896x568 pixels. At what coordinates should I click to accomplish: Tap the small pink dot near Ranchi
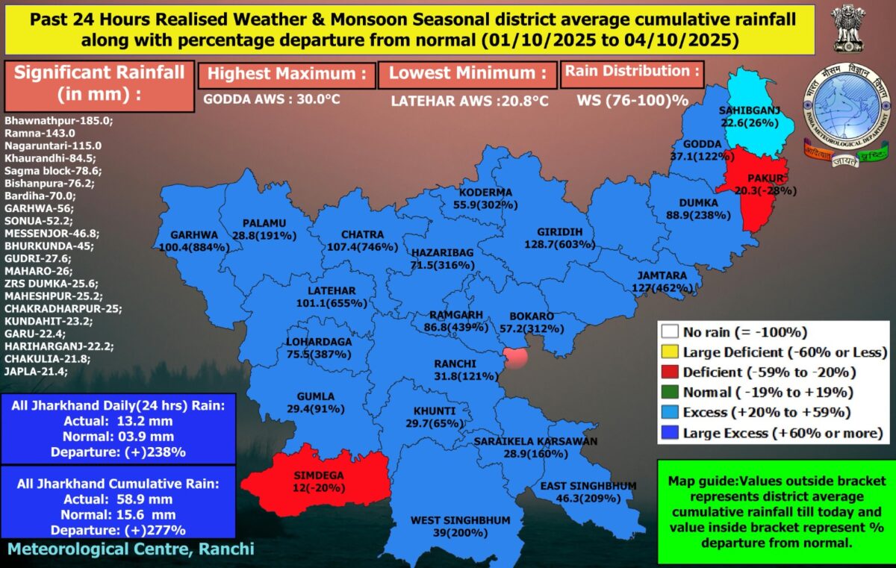click(x=515, y=356)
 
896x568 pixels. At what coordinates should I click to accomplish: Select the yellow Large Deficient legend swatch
click(x=670, y=352)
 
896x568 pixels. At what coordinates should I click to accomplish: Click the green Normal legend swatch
click(x=670, y=392)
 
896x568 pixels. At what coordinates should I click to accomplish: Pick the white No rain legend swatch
click(x=670, y=333)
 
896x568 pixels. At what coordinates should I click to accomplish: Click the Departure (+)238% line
click(x=118, y=452)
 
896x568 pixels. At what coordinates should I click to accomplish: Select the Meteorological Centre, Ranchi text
click(x=131, y=549)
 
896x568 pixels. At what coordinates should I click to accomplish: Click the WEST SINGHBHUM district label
click(x=461, y=520)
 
